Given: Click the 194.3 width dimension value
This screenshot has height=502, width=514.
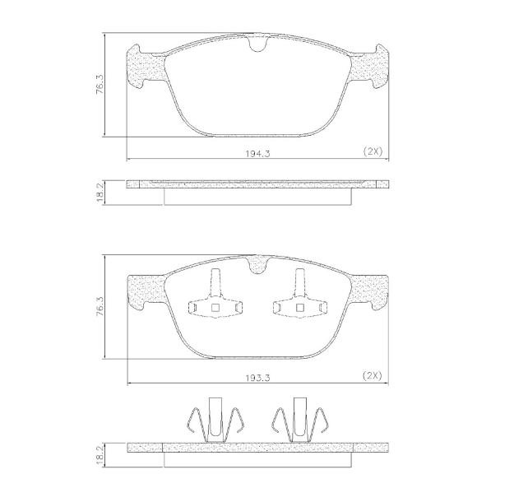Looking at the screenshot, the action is (x=257, y=153).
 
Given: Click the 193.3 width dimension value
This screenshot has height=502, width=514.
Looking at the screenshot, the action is (x=257, y=378).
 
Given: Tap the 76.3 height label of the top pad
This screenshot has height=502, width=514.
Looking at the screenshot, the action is (x=100, y=84).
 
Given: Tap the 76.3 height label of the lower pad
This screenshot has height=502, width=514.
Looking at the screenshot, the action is (x=100, y=306).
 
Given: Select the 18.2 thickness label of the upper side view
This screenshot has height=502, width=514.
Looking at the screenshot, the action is (x=100, y=193).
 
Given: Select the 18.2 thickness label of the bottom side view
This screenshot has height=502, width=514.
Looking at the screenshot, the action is (x=100, y=454).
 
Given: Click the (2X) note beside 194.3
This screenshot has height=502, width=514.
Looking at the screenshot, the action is (x=373, y=151).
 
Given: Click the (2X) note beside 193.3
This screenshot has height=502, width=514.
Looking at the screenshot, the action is (x=373, y=376).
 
